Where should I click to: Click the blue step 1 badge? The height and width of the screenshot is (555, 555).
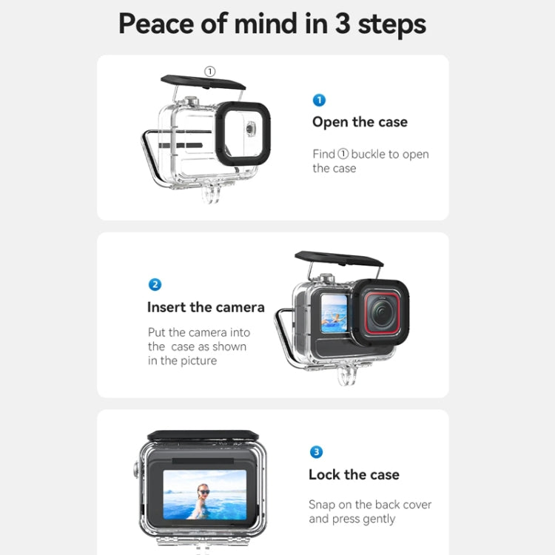click(319, 100)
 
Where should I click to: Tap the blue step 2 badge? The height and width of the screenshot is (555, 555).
click(155, 285)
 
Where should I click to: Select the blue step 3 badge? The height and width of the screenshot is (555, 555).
click(316, 452)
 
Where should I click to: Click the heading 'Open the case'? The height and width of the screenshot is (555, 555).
click(360, 122)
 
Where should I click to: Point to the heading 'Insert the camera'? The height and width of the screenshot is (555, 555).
click(206, 307)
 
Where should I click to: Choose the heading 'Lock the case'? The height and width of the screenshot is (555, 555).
click(354, 474)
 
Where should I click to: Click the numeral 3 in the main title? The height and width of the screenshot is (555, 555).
click(342, 24)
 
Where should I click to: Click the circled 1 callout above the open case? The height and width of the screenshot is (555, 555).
click(209, 72)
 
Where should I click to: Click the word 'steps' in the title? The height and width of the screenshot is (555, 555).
click(391, 24)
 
